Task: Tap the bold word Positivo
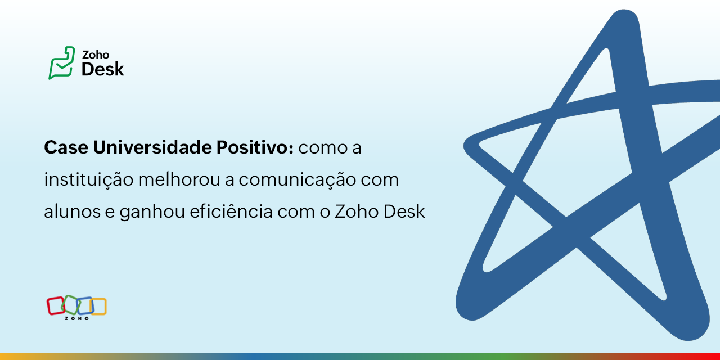(x=255, y=148)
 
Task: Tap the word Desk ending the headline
(x=404, y=211)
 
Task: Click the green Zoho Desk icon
(x=61, y=62)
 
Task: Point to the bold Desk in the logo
(x=102, y=69)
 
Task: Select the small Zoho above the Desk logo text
(x=96, y=55)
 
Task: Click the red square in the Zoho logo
(x=55, y=305)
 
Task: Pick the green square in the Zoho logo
(x=70, y=304)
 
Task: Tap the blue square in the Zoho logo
(x=84, y=305)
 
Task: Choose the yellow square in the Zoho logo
(x=98, y=306)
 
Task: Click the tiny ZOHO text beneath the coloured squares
(x=76, y=318)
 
